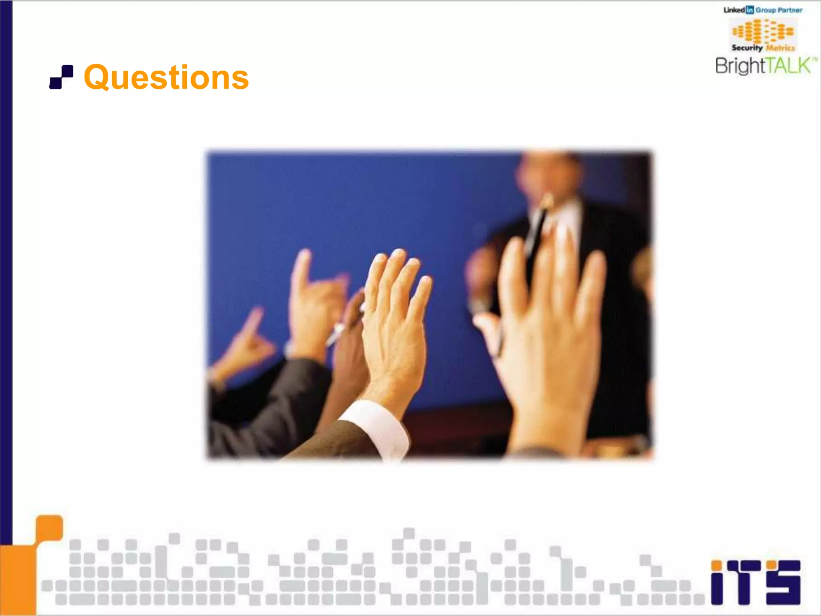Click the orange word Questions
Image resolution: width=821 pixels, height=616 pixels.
(x=166, y=77)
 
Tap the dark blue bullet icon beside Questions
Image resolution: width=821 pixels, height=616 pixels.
(x=61, y=77)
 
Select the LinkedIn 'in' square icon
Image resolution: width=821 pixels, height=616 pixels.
(x=749, y=10)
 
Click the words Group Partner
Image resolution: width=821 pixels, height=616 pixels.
(x=779, y=10)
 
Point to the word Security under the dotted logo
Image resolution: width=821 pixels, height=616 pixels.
(x=747, y=48)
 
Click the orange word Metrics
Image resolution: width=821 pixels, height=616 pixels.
(x=780, y=48)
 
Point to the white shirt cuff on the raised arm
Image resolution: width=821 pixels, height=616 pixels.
(x=375, y=427)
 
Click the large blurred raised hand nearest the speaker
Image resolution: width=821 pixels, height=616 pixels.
(x=549, y=321)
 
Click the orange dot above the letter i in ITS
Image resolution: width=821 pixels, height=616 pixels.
(x=717, y=565)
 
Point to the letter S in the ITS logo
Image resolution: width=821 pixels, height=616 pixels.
(x=783, y=582)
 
